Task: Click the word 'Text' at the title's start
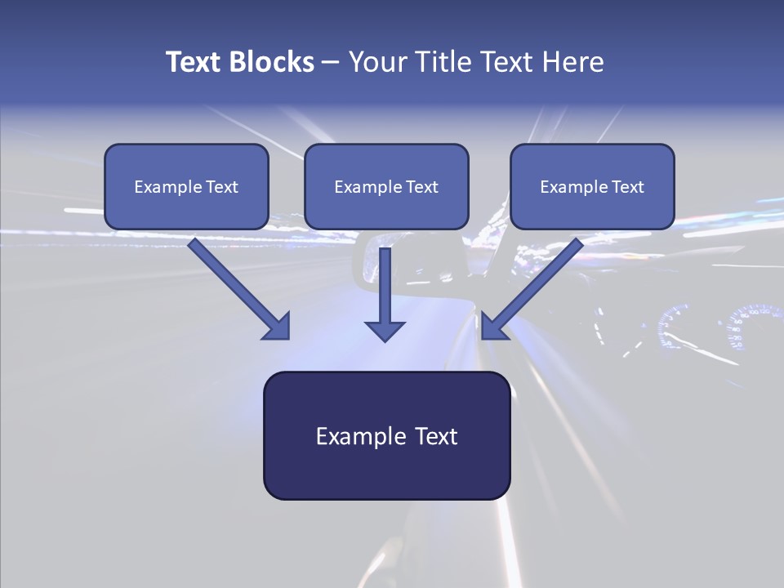[x=193, y=62]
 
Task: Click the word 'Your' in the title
[x=376, y=62]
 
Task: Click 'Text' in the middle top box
[x=421, y=187]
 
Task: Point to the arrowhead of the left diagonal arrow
[x=278, y=327]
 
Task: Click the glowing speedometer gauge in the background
[x=747, y=327]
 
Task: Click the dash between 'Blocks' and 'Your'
[x=331, y=62]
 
